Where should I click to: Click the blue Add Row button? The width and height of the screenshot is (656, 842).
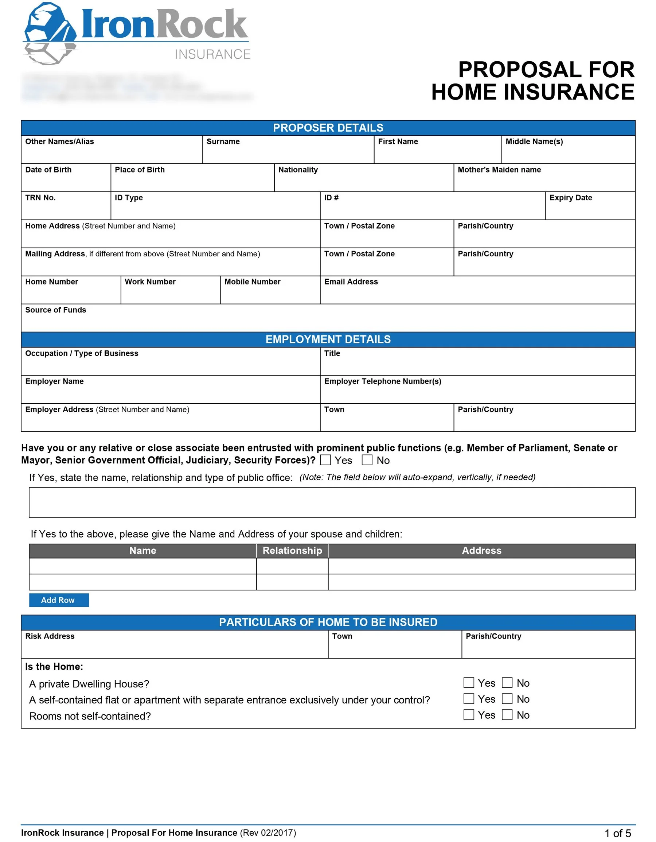point(59,600)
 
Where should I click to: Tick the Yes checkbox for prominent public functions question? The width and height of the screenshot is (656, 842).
point(325,459)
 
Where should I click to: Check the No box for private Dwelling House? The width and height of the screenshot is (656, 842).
point(507,683)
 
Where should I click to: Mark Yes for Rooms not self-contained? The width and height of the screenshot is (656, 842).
point(468,715)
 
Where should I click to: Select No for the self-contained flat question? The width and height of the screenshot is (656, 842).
point(507,699)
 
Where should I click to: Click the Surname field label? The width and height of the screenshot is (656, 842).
point(223,141)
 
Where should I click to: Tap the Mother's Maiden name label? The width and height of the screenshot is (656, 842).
point(499,170)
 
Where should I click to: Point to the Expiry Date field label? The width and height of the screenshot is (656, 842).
point(570,198)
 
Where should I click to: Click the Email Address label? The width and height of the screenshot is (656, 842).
point(351,282)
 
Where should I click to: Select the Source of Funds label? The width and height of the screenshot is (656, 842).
point(55,310)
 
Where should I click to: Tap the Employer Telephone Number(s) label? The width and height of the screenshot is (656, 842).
point(382,381)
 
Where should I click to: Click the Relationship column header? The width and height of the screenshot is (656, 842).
point(292,551)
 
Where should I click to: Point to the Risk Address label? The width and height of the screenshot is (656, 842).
point(50,636)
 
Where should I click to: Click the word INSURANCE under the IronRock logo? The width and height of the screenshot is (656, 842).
point(212,54)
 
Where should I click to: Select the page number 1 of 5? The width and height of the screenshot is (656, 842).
point(617,833)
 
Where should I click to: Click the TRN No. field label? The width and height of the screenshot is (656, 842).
point(40,198)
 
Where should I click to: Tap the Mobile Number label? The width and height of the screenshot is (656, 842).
point(252,282)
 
